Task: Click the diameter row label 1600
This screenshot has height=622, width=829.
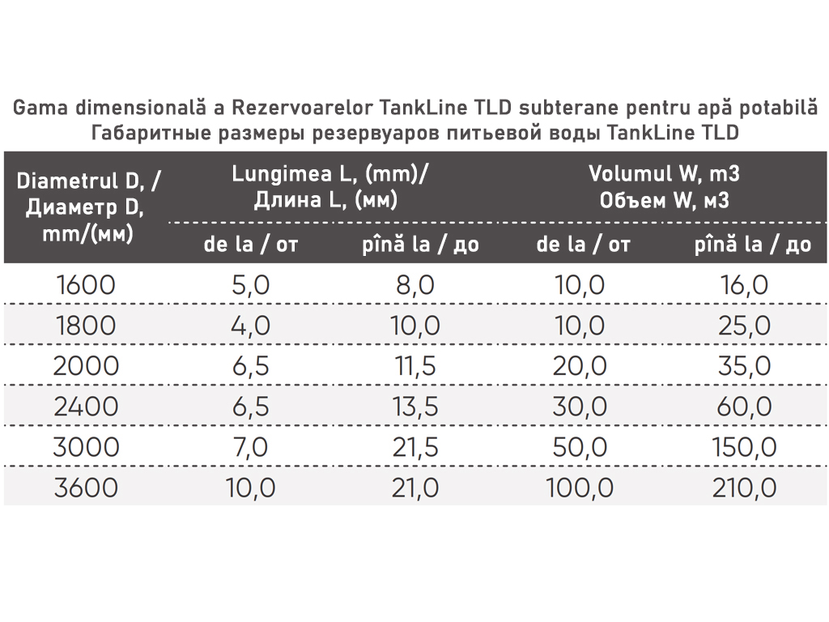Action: click(87, 285)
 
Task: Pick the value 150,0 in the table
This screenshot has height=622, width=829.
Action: click(744, 447)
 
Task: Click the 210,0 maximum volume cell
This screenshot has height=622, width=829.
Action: click(744, 488)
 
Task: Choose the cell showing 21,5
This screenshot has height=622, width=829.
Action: click(416, 447)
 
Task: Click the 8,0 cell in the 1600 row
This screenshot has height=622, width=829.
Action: click(416, 285)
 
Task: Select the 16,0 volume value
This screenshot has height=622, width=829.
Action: click(744, 285)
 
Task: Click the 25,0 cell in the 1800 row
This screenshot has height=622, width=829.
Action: click(744, 326)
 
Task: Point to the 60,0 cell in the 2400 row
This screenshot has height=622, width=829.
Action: click(744, 407)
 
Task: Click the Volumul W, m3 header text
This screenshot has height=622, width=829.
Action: click(664, 174)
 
